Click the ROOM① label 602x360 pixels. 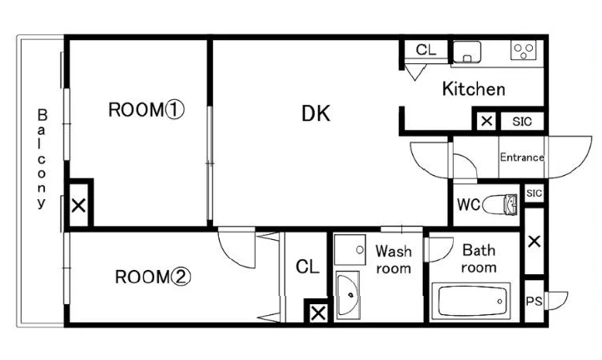[x=147, y=110]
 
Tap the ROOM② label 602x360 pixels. [x=153, y=277]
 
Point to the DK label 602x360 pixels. [x=316, y=113]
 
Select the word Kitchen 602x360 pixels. [x=474, y=89]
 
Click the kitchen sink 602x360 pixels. [x=467, y=52]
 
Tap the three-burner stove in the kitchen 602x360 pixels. [x=523, y=50]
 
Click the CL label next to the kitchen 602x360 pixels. [x=425, y=49]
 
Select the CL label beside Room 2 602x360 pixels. [x=307, y=267]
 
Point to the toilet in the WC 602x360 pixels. [x=500, y=204]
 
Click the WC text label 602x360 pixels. [x=469, y=204]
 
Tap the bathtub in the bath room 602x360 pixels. [x=471, y=301]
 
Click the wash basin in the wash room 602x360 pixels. [x=348, y=295]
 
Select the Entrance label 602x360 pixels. [x=522, y=157]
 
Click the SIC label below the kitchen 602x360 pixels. [x=522, y=122]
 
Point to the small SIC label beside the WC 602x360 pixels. [x=534, y=192]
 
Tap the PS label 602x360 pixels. [x=534, y=301]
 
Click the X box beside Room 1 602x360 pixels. [x=79, y=206]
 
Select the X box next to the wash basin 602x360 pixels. [x=318, y=313]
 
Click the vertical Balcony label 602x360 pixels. [x=42, y=158]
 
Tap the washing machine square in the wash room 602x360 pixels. [x=350, y=250]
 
